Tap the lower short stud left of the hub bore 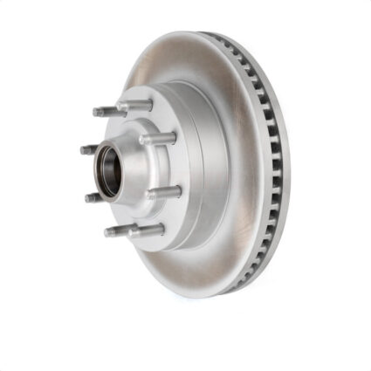point(93,197)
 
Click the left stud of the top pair point(106,111)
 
